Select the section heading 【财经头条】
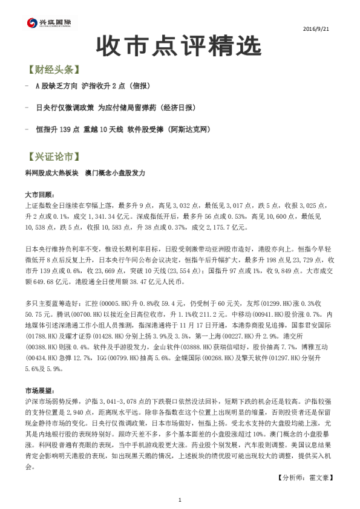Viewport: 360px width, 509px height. pyautogui.click(x=54, y=70)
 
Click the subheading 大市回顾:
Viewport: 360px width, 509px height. pyautogui.click(x=39, y=195)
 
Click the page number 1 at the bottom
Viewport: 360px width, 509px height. pyautogui.click(x=180, y=500)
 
